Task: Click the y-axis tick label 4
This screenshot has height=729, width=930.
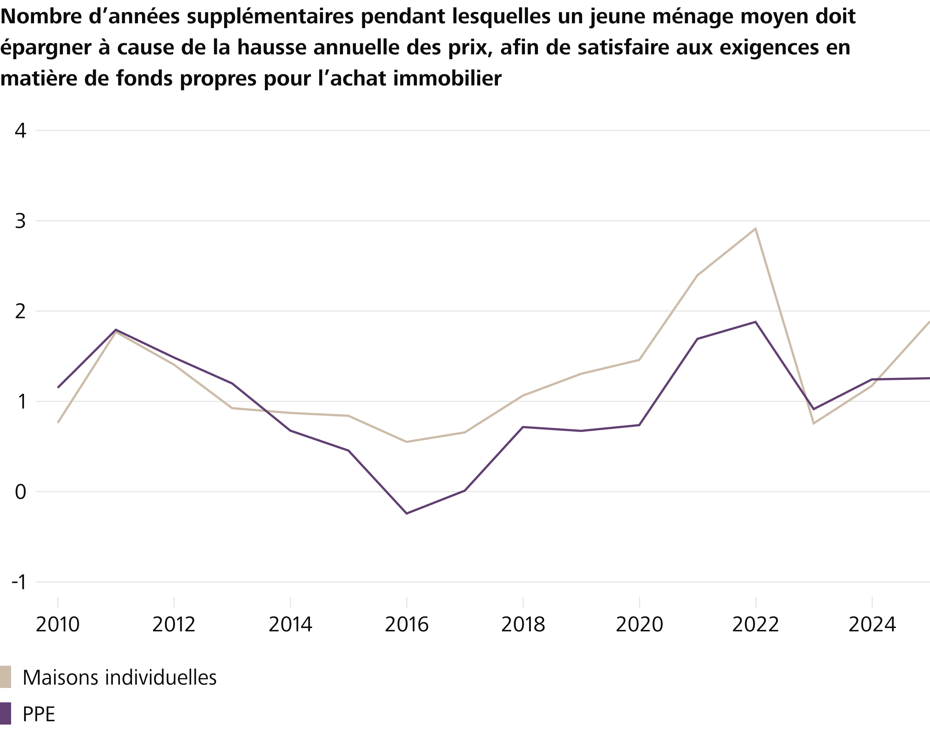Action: [20, 131]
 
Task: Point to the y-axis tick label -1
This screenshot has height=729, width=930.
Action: [19, 582]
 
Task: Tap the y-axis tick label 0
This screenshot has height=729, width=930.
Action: [20, 492]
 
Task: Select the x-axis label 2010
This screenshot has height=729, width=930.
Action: [58, 625]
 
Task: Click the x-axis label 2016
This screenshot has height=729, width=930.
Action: [406, 625]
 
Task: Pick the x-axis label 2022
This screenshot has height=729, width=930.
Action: [755, 625]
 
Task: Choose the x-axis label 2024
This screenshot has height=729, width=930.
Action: [872, 625]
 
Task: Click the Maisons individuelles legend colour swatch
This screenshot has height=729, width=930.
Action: [6, 677]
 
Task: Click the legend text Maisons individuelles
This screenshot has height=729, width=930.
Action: [119, 677]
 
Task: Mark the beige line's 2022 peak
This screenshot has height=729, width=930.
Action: [755, 229]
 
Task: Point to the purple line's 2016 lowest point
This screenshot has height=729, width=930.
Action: [406, 513]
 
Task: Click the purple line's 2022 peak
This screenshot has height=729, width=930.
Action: [755, 322]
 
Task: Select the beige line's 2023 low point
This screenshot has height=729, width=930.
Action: [813, 424]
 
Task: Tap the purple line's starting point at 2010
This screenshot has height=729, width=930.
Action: [58, 388]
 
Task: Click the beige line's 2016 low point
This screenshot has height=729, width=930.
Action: [406, 442]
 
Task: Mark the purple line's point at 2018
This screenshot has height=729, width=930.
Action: [523, 427]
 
